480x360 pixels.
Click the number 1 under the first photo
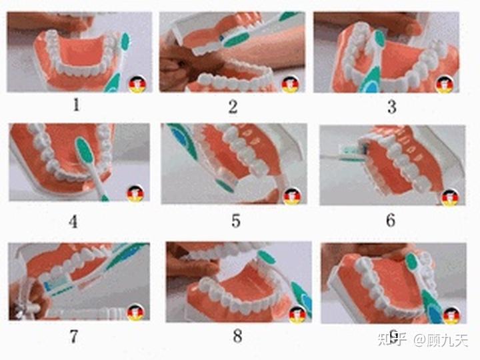coord(76,105)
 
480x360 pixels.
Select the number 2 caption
coord(233,107)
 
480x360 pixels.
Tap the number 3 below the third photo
coord(392,107)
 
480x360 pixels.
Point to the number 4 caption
coord(73,221)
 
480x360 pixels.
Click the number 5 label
coord(236,221)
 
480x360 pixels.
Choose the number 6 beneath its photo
coord(391,220)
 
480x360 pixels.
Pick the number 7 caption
coord(74,337)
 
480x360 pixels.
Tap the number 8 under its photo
coord(237,336)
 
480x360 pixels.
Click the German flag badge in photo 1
coord(137,84)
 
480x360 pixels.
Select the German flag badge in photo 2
coord(290,84)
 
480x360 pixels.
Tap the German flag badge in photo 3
coord(445,85)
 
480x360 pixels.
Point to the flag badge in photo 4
coord(135,194)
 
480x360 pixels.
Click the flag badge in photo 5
coord(292,196)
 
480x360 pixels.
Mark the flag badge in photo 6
coord(450,197)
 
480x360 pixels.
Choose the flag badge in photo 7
coord(135,312)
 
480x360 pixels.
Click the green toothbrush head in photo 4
coord(85,150)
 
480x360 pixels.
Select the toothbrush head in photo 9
coord(412,262)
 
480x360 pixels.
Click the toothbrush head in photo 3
coord(380,38)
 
